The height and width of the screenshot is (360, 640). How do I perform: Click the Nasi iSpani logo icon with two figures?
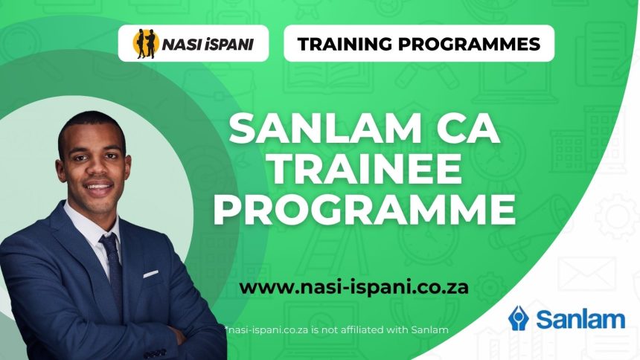[x=144, y=43]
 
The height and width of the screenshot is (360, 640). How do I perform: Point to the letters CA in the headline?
[x=464, y=132]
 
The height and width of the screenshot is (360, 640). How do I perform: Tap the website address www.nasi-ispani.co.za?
[x=354, y=286]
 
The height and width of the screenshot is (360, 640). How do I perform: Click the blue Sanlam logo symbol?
[x=518, y=318]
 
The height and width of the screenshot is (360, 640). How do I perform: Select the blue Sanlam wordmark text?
[x=580, y=320]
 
